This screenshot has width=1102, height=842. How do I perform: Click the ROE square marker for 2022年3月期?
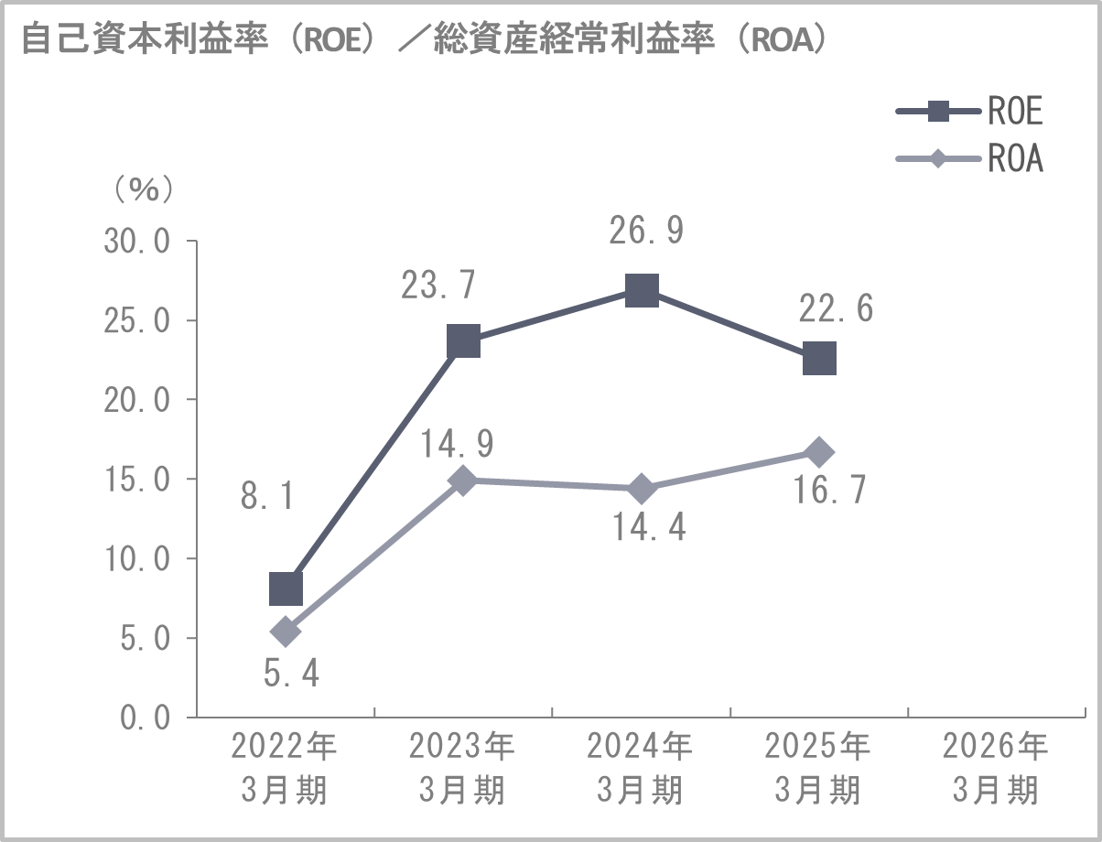286,588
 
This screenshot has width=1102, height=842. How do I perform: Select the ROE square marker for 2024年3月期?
642,291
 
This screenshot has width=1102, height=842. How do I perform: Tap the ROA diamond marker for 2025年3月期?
819,452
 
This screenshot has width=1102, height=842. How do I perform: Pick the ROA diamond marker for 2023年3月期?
463,480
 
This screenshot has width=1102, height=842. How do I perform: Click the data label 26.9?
646,232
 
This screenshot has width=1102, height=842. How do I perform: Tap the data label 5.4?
291,675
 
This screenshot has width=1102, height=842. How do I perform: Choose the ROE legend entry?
970,113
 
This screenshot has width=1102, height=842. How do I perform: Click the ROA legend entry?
970,159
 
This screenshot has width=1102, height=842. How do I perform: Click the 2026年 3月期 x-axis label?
996,769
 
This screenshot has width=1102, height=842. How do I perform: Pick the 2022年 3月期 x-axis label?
285,769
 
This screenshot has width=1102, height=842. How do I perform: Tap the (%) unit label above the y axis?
143,189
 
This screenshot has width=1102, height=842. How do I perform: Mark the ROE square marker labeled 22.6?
819,359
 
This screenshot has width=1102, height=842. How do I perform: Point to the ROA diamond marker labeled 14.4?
642,489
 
